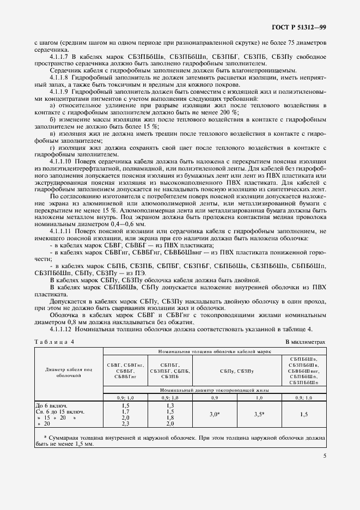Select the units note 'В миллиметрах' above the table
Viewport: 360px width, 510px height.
[305, 342]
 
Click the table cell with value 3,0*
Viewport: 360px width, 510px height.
[215, 415]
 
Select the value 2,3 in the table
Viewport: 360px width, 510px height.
[125, 423]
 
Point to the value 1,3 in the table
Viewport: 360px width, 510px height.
[169, 405]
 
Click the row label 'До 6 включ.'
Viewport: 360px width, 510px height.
[51, 405]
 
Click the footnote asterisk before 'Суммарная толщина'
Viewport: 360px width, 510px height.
[44, 438]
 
